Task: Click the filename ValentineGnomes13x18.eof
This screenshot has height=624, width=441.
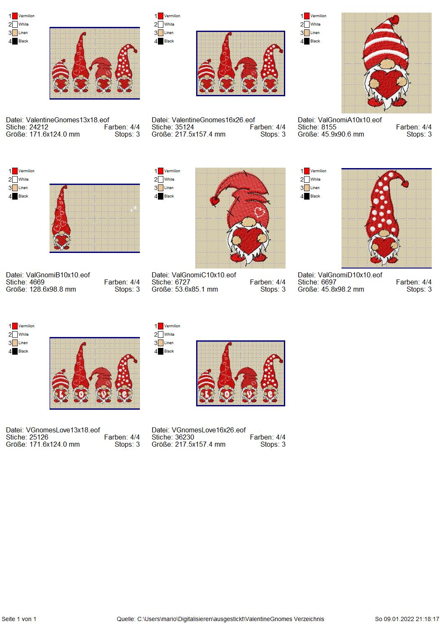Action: (67, 120)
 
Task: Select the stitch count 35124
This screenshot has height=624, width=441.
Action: (184, 127)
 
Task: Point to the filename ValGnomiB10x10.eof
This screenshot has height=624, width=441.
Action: (58, 275)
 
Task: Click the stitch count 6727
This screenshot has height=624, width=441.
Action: (182, 282)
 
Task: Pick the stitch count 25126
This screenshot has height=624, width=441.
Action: (39, 437)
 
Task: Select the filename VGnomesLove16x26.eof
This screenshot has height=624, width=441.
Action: (208, 430)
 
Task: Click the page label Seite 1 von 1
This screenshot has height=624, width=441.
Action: (19, 619)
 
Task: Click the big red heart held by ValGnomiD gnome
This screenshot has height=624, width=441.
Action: (384, 245)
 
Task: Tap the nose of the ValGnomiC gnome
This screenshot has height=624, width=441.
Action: (247, 222)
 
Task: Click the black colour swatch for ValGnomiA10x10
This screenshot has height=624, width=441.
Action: (307, 41)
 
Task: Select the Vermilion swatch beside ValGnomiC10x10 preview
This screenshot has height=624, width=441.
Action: (160, 171)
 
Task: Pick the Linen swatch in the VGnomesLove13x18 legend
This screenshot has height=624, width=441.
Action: (15, 343)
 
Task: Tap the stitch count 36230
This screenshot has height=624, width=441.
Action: (184, 437)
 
